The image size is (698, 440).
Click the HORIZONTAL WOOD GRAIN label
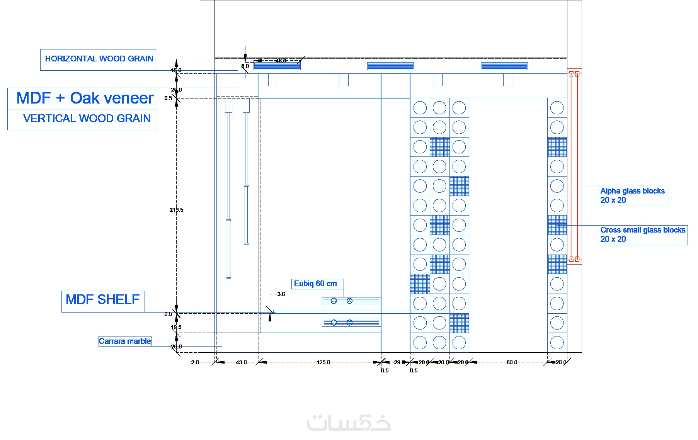(x=99, y=59)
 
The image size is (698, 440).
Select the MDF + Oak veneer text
(x=85, y=98)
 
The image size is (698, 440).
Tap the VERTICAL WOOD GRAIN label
(x=87, y=118)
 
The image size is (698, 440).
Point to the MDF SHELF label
(x=102, y=299)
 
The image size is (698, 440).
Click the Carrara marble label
(x=125, y=341)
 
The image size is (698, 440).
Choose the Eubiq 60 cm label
(x=315, y=284)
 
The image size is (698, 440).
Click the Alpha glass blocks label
(x=632, y=195)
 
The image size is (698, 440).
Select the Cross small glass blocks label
(x=642, y=234)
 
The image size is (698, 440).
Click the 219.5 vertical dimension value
(x=176, y=210)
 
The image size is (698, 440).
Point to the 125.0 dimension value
(x=323, y=362)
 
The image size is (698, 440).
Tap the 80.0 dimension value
(x=511, y=362)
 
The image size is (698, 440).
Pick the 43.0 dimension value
(x=241, y=362)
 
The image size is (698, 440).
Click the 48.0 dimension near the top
(x=281, y=61)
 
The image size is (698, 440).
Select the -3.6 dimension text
(x=281, y=294)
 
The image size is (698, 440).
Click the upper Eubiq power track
(x=351, y=301)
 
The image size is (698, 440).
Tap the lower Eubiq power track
(x=351, y=323)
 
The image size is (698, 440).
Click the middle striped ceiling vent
(x=390, y=66)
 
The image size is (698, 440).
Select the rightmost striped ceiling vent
(x=504, y=66)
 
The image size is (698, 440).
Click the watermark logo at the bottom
(x=349, y=423)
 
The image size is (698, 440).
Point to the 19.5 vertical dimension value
(x=176, y=327)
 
